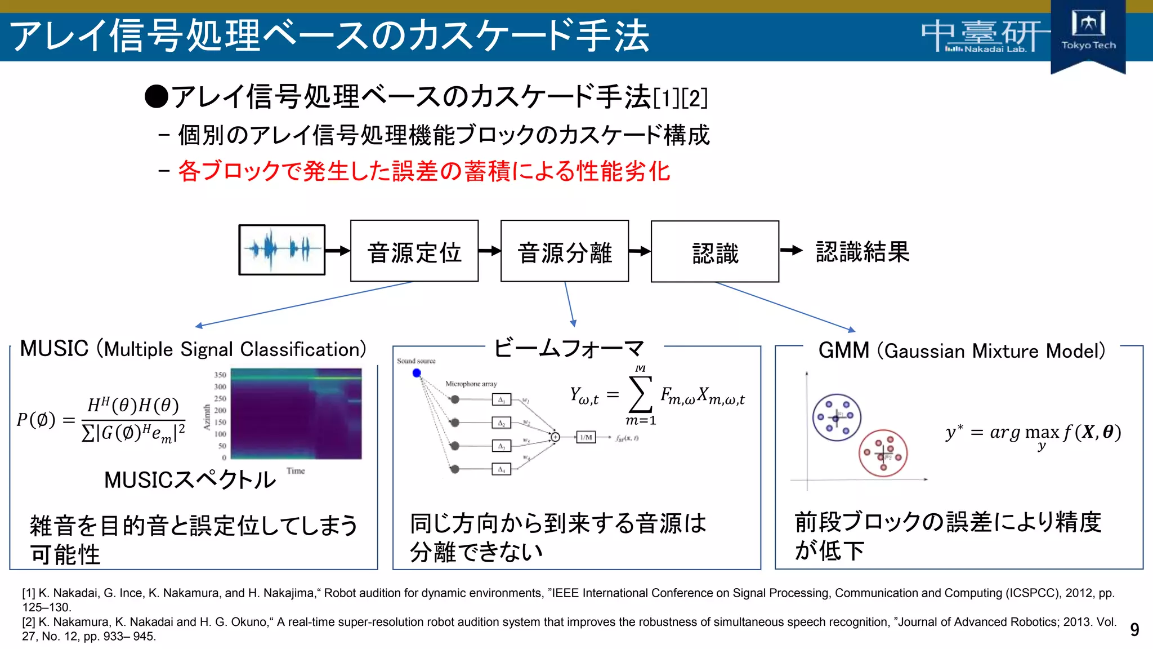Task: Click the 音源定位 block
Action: [x=414, y=251]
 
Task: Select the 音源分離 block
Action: [x=565, y=251]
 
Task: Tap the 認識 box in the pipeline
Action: [x=715, y=252]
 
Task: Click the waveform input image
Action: [x=282, y=250]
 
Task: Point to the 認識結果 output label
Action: [x=862, y=251]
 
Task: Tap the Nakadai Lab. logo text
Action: [x=986, y=49]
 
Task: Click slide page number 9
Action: [x=1134, y=629]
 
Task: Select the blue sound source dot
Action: [x=417, y=373]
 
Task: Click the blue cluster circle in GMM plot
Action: [x=837, y=417]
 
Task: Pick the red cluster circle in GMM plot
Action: [x=883, y=453]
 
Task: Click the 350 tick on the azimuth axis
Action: [x=220, y=375]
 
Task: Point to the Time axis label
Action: [x=296, y=471]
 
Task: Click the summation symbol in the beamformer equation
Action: [x=640, y=394]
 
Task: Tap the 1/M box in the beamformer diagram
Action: [x=586, y=437]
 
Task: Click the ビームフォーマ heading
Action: [x=569, y=348]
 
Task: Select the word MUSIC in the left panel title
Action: [x=54, y=349]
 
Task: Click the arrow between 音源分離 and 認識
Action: [x=640, y=251]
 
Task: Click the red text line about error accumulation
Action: [x=423, y=171]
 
